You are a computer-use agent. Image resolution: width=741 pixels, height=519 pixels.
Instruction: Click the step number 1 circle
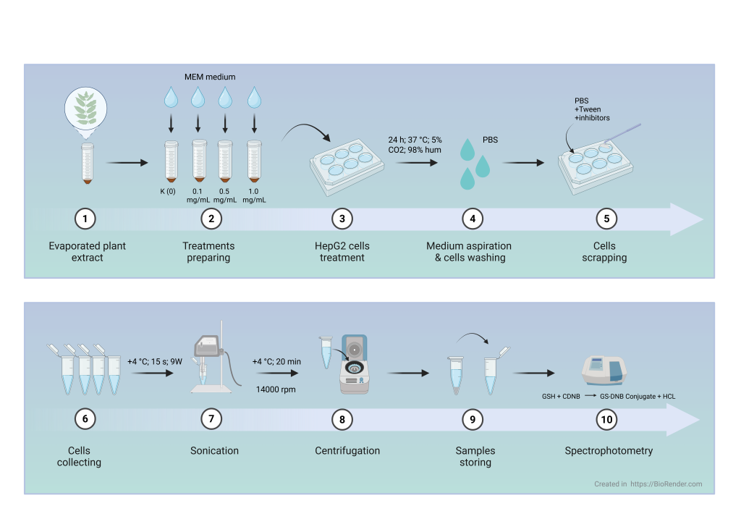click(x=85, y=218)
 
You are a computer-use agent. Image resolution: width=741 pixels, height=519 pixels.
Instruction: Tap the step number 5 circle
click(x=605, y=218)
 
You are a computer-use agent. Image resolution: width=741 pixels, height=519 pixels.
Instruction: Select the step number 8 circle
click(x=342, y=419)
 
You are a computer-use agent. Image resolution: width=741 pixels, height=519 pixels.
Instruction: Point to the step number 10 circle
click(x=606, y=419)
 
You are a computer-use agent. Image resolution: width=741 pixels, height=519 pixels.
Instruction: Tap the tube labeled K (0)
click(x=172, y=161)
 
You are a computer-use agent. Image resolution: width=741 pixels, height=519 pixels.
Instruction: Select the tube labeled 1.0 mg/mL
click(x=253, y=161)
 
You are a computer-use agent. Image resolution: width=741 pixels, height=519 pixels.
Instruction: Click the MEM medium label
click(x=210, y=77)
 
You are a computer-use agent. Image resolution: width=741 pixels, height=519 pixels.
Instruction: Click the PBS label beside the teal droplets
click(x=491, y=140)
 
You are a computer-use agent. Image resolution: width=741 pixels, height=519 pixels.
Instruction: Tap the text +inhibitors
click(x=592, y=118)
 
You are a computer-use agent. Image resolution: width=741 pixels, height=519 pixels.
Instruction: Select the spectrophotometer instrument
click(x=604, y=370)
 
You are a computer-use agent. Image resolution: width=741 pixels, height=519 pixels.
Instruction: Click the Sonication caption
click(x=214, y=450)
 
